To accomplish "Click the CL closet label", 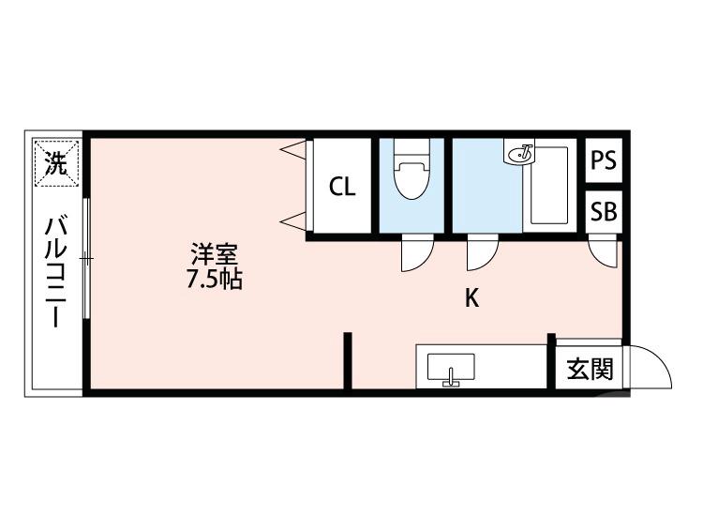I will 342,187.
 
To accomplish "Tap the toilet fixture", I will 411,175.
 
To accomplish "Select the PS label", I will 604,160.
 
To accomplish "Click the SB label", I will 604,212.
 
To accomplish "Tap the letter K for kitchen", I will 473,298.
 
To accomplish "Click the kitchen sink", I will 452,368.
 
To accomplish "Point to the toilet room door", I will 413,253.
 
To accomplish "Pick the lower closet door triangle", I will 295,221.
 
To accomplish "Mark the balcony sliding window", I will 86,257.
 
